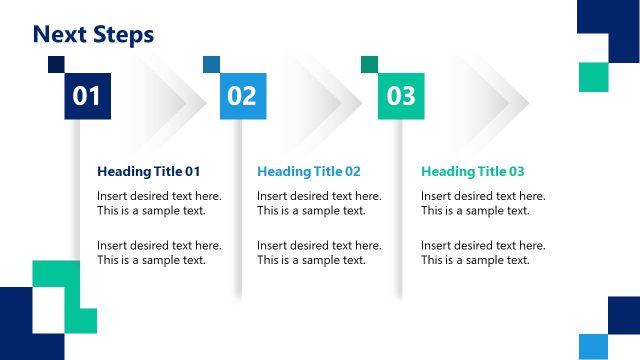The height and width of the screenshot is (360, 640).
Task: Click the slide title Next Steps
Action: (93, 35)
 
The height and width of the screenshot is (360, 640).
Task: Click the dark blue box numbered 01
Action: (88, 96)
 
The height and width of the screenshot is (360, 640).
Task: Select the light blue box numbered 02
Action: (242, 96)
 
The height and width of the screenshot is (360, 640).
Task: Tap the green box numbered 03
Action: (400, 96)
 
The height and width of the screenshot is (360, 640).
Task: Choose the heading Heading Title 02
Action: (309, 171)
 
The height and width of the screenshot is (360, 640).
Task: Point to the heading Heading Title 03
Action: (473, 171)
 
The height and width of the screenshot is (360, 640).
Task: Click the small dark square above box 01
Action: (56, 64)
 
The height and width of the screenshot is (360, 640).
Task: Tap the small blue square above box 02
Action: (211, 64)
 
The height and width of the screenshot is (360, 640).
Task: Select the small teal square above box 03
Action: (369, 64)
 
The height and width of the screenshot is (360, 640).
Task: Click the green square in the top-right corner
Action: (593, 77)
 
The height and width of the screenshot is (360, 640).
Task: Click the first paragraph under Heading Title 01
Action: (159, 203)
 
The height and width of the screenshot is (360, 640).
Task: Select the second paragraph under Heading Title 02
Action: (319, 252)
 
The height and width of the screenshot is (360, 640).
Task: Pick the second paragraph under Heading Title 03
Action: (483, 252)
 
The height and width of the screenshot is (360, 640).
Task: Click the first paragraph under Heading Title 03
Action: (483, 203)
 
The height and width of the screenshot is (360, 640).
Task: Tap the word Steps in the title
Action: (123, 35)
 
